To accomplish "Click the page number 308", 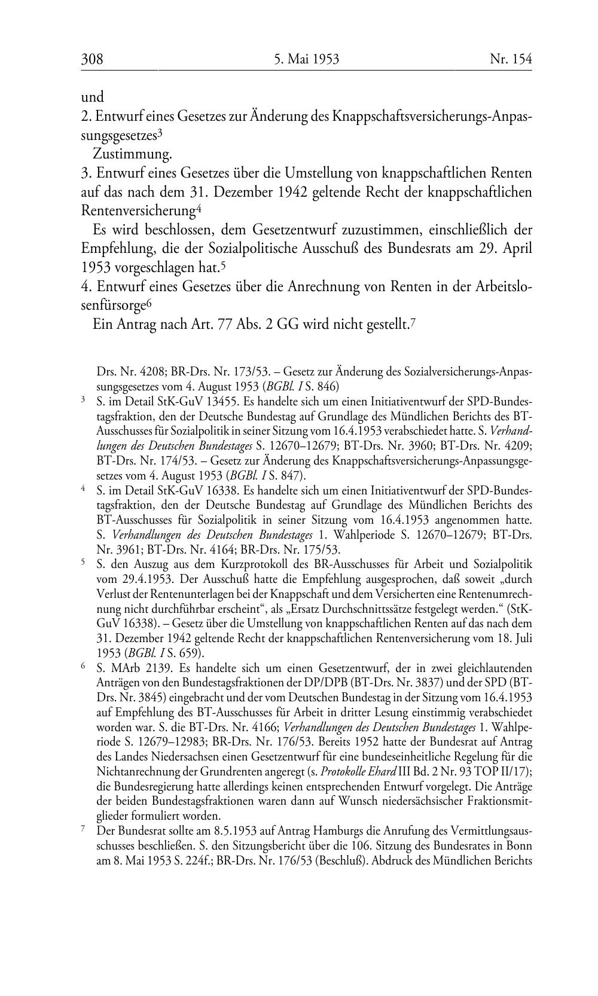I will tap(92, 59).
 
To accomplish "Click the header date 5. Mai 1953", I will tap(307, 59).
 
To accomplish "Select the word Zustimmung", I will tap(132, 154).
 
